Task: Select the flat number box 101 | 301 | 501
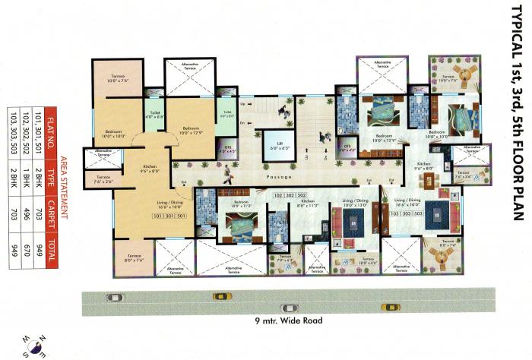(x=169, y=195)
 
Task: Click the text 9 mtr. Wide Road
(x=289, y=321)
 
